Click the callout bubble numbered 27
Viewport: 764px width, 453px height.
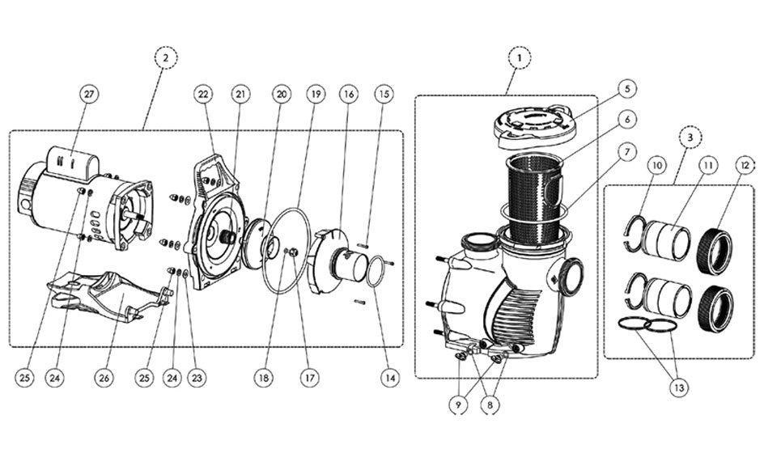[x=88, y=94]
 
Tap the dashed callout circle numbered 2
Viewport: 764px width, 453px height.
[x=166, y=58]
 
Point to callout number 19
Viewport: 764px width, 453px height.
[x=316, y=94]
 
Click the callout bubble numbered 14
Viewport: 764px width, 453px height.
[x=389, y=377]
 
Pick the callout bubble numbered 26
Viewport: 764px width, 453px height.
[x=104, y=377]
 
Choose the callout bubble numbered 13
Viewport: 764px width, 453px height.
[x=679, y=387]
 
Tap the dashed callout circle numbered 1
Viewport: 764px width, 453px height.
[x=520, y=58]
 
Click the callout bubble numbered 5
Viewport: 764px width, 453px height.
[x=627, y=88]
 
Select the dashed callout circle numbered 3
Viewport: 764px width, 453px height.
[x=690, y=138]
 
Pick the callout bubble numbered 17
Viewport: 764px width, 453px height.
[x=309, y=377]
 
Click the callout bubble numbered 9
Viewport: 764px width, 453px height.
[x=458, y=404]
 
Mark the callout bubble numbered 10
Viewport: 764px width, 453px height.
[x=657, y=166]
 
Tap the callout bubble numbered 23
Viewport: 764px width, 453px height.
[x=197, y=377]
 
